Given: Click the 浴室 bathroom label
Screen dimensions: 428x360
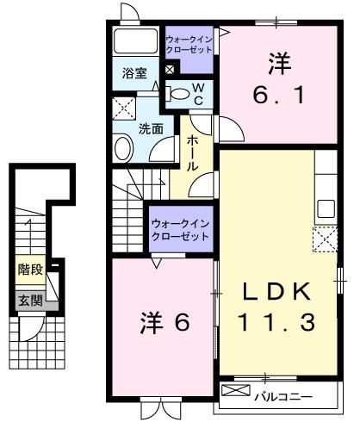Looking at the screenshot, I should pos(134,72).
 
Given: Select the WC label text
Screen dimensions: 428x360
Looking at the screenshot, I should pos(198,94).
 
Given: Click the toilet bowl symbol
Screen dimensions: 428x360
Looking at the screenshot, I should pos(179,93).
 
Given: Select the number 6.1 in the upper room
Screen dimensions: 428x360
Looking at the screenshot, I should pos(278,96).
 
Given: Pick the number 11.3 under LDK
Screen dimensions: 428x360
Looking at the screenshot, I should pos(277,323).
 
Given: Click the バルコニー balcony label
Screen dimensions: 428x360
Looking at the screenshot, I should pos(283,397).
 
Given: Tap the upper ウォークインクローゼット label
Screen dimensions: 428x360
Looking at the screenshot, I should pos(190,44).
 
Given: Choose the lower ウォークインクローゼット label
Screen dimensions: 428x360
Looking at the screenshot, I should pos(180,229).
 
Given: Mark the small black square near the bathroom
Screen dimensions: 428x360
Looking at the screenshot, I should pos(170,69).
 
